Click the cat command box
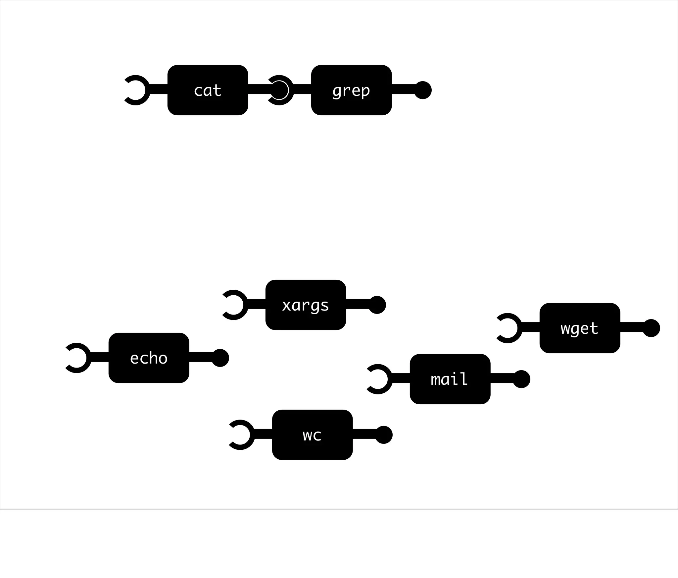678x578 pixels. pyautogui.click(x=208, y=90)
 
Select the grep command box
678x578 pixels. pyautogui.click(x=351, y=90)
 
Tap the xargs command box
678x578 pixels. pyautogui.click(x=306, y=305)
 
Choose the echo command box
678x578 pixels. pyautogui.click(x=149, y=358)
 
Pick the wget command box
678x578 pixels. pyautogui.click(x=580, y=328)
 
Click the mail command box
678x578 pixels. pyautogui.click(x=450, y=379)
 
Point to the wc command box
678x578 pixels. pyautogui.click(x=312, y=435)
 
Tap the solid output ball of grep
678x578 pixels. pyautogui.click(x=423, y=90)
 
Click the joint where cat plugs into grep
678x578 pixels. pyautogui.click(x=279, y=90)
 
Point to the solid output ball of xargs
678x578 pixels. pyautogui.click(x=377, y=305)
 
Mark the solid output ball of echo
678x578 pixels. pyautogui.click(x=220, y=358)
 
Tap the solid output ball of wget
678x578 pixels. pyautogui.click(x=651, y=328)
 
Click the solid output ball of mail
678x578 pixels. pyautogui.click(x=521, y=379)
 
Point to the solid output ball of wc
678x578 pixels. pyautogui.click(x=384, y=435)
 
